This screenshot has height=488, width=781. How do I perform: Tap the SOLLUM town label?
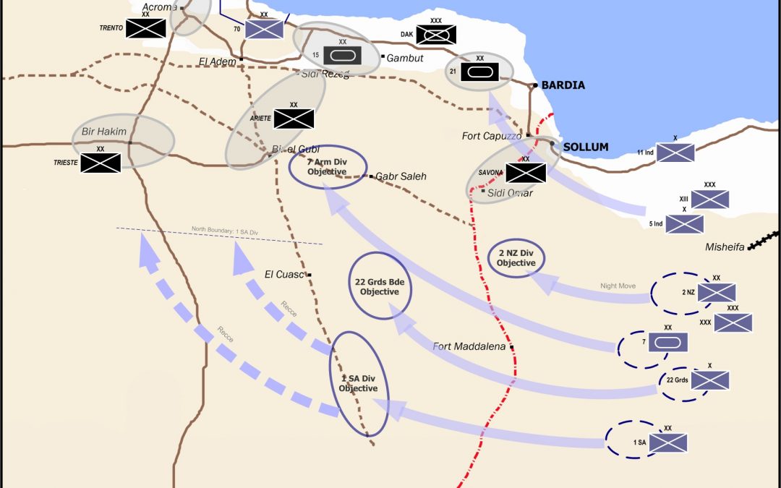[586, 147]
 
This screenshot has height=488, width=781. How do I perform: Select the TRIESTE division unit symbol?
[101, 163]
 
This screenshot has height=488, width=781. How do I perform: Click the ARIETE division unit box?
[294, 119]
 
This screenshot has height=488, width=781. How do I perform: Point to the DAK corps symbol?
[436, 34]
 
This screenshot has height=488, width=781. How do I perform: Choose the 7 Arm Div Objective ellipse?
[328, 167]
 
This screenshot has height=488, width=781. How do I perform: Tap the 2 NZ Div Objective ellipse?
[516, 258]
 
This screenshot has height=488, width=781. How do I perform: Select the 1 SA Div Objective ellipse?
[359, 383]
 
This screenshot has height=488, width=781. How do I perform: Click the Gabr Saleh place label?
[401, 176]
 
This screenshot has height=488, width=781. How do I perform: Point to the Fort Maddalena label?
[469, 346]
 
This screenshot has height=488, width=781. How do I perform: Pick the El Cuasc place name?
[284, 274]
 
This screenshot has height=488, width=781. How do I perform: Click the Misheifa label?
[725, 247]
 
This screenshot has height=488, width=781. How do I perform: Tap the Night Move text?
[618, 286]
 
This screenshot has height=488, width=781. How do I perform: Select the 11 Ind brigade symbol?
[675, 153]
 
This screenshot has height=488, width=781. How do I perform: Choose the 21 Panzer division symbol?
[479, 72]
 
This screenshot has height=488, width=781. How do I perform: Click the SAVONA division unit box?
[526, 173]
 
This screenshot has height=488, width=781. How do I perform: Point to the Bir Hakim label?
[104, 132]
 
